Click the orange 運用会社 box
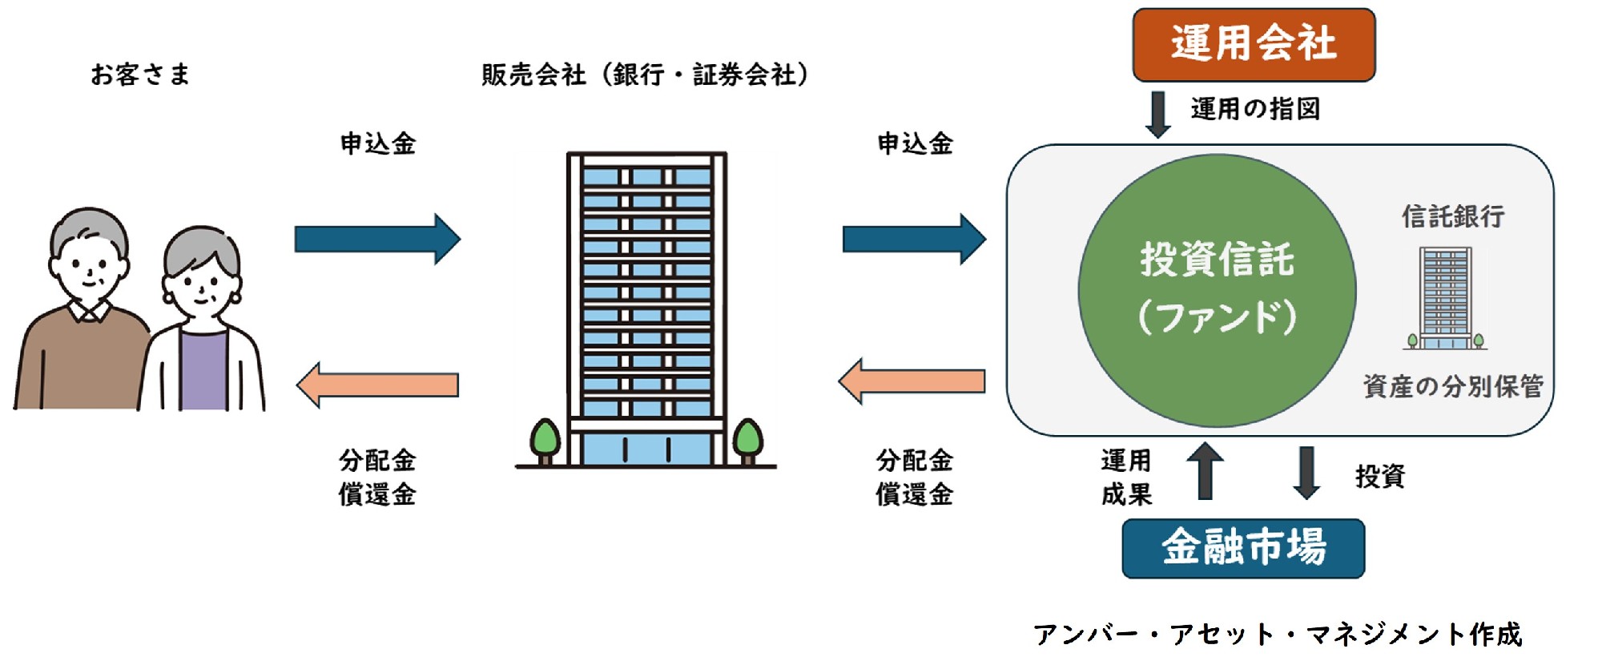pos(1254,44)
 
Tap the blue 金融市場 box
pos(1243,549)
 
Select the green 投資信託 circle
pos(1217,290)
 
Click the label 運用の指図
pos(1255,108)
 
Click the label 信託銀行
pos(1453,216)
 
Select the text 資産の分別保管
pos(1453,386)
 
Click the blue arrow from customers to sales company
pos(377,239)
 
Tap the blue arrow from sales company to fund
pos(914,239)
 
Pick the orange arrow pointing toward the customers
pos(377,385)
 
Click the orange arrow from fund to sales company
pos(912,381)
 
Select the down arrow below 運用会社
pos(1157,115)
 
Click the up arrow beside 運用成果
pos(1205,472)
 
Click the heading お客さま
pos(140,75)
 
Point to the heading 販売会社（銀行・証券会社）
pos(646,75)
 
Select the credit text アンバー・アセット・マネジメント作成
pos(1277,635)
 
